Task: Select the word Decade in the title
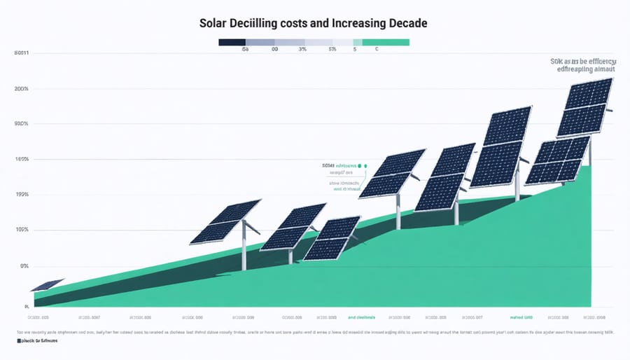tap(404, 23)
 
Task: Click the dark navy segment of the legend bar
tap(232, 42)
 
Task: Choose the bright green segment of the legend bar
tap(385, 42)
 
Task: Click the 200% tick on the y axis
tap(20, 89)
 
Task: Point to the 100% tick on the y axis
tap(20, 230)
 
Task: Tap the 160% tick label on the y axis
tap(20, 160)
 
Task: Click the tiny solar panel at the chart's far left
tap(47, 285)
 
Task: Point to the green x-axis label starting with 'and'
tap(360, 317)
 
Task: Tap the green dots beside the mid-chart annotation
tap(363, 166)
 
